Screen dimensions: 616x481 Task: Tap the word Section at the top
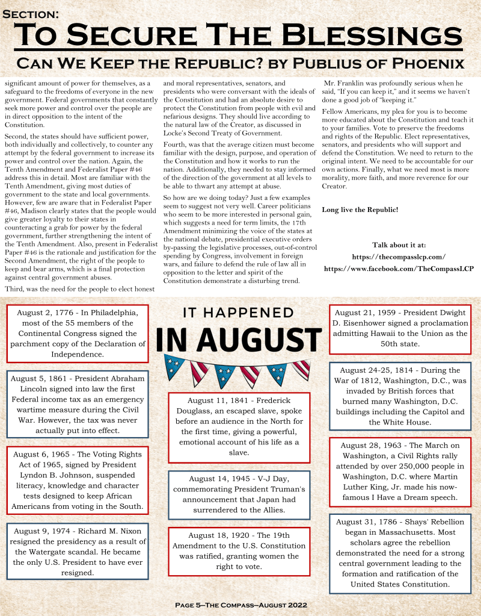(30, 13)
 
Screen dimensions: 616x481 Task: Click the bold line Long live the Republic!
(360, 209)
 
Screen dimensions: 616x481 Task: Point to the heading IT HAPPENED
(237, 313)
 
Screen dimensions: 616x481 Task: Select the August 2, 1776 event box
(78, 333)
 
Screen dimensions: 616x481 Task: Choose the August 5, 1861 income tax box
(78, 404)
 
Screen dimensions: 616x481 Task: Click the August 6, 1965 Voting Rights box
(78, 480)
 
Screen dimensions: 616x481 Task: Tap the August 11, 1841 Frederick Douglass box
(239, 426)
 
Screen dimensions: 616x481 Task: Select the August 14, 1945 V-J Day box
(239, 494)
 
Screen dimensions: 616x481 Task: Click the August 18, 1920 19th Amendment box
(239, 551)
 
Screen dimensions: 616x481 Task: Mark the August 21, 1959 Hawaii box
(400, 328)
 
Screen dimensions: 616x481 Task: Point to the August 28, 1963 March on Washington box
(400, 471)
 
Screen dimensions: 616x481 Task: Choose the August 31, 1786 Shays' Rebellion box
(400, 553)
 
